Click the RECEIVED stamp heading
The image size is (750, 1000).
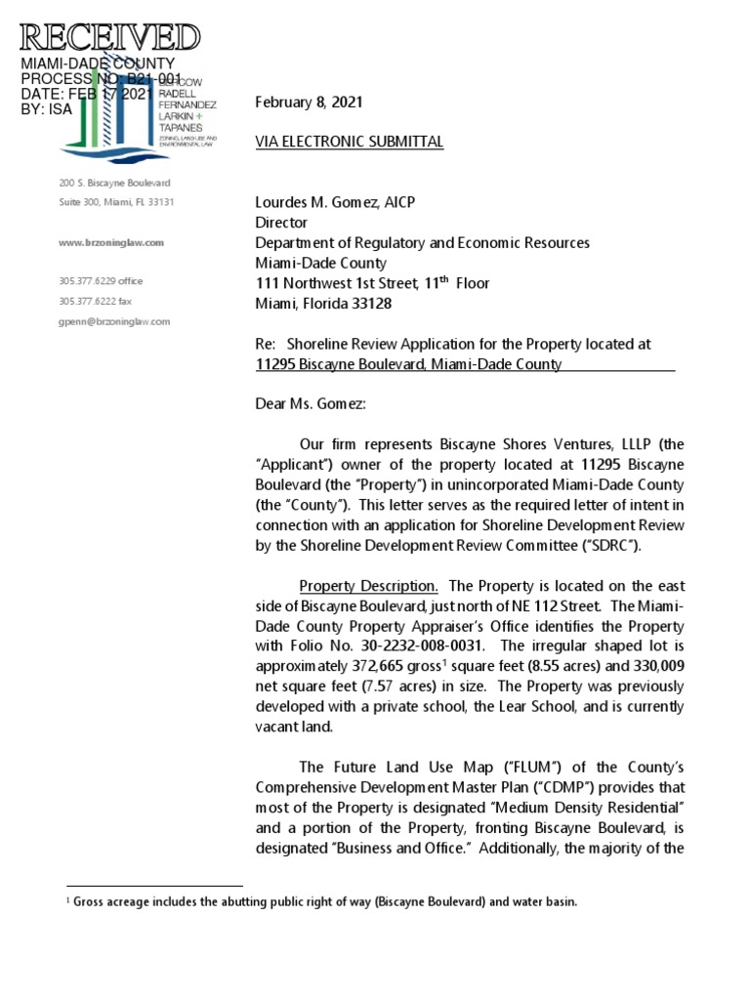[109, 39]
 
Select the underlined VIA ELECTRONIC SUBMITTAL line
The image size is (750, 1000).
[349, 143]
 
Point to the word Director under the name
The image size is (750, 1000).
[280, 223]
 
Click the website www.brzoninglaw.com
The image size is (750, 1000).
[111, 242]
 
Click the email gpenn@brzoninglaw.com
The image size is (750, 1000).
[114, 321]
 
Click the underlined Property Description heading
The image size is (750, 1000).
[368, 586]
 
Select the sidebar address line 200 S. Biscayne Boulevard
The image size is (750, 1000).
[114, 183]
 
